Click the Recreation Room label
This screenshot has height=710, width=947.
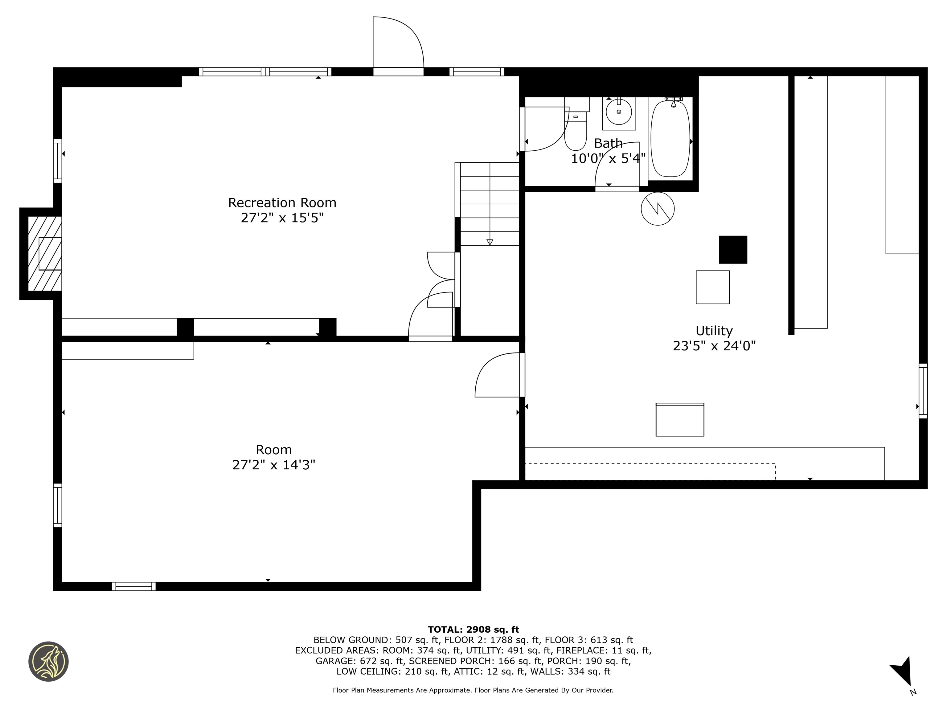point(282,202)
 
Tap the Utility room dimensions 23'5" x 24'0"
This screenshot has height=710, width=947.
point(714,346)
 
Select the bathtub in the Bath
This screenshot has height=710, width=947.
point(670,138)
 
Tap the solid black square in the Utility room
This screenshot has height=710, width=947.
point(733,250)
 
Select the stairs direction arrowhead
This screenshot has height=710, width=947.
point(490,242)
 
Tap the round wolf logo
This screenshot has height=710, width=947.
point(48,661)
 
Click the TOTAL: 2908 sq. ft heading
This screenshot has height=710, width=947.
point(473,630)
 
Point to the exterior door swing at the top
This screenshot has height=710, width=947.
point(399,42)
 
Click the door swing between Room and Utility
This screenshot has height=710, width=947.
point(499,375)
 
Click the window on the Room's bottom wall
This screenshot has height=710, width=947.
point(133,586)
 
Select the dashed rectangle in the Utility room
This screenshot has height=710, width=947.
point(650,471)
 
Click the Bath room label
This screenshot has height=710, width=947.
point(608,143)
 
